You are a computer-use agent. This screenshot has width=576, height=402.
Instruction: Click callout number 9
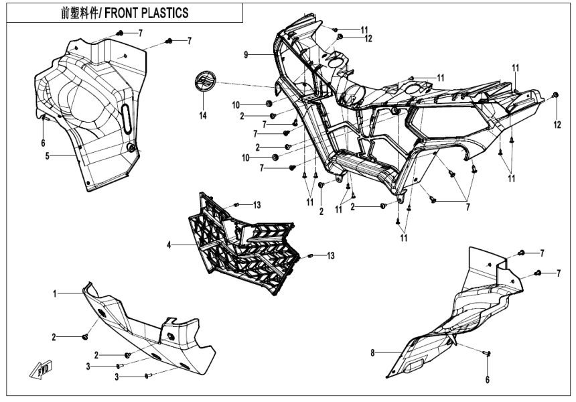246,54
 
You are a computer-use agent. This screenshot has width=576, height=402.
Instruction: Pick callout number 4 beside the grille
169,246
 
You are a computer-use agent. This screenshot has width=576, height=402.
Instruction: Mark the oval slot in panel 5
125,120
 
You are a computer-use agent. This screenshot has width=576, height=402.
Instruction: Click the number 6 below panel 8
487,380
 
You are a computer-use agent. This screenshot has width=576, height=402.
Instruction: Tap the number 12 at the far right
556,125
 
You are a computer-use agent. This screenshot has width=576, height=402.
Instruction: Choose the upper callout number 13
257,204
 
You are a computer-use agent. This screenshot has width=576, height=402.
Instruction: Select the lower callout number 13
330,255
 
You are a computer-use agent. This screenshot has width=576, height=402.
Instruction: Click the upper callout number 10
235,105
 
